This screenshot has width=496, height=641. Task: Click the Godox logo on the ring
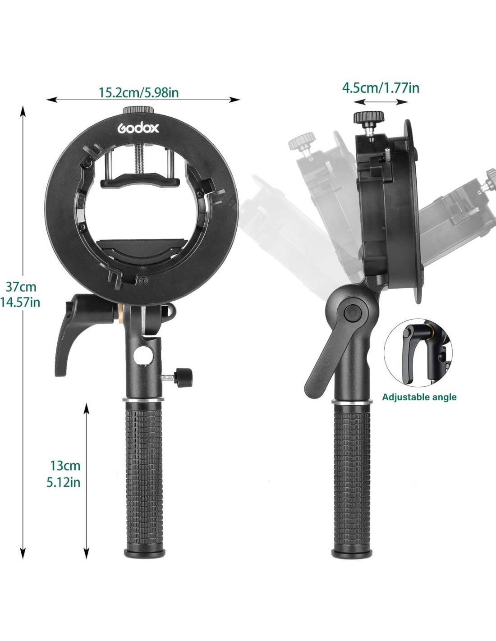(138, 128)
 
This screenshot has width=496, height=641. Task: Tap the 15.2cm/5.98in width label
(138, 92)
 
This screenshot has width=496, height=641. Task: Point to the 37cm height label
(21, 287)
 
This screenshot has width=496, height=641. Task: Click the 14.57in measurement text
(20, 302)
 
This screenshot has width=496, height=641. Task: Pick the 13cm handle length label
(65, 466)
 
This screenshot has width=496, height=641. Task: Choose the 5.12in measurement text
(64, 482)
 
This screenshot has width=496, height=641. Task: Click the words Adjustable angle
(419, 397)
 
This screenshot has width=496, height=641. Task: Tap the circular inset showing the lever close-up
(418, 353)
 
